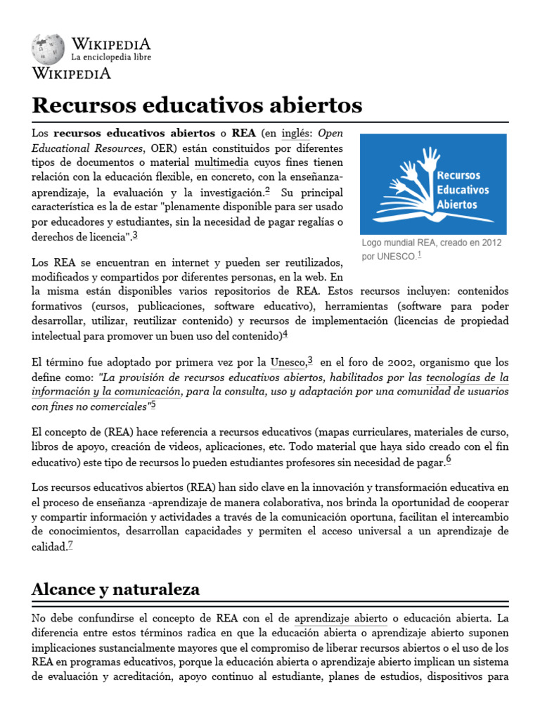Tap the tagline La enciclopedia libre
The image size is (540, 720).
[110, 56]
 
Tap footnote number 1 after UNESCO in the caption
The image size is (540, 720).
[419, 255]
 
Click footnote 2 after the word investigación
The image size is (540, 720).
[267, 190]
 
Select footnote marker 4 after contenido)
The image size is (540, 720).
[285, 333]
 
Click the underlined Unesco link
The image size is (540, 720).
[288, 363]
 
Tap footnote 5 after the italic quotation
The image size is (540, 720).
[153, 404]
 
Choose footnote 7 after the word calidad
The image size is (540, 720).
[70, 544]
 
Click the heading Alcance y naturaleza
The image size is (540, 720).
[115, 590]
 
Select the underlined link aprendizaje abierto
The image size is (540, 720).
[341, 619]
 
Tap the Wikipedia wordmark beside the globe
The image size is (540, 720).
[110, 42]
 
